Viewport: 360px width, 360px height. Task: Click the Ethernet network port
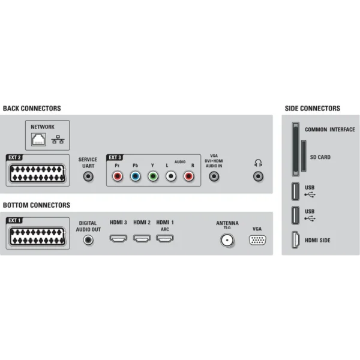(38, 139)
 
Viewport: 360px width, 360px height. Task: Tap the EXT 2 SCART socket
(37, 173)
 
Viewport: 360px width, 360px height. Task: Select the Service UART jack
(88, 176)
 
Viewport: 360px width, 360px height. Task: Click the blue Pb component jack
(135, 176)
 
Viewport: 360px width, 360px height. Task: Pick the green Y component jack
(153, 176)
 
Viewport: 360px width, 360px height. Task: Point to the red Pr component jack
(118, 176)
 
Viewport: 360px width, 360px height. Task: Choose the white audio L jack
(171, 176)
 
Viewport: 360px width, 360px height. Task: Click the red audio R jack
(189, 176)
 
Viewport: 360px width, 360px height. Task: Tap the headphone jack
(258, 176)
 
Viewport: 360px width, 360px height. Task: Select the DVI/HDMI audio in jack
(214, 176)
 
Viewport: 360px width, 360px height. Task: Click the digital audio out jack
(88, 240)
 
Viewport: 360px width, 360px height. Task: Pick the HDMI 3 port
(118, 238)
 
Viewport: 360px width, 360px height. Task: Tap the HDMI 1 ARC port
(165, 238)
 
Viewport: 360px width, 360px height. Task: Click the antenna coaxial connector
(227, 240)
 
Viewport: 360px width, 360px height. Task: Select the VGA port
(257, 240)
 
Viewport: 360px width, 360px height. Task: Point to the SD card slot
(304, 156)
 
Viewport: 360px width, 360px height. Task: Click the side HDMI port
(296, 240)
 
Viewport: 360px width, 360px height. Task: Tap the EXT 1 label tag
(14, 220)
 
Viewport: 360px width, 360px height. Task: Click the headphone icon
(258, 163)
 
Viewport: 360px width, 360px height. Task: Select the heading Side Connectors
(313, 109)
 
